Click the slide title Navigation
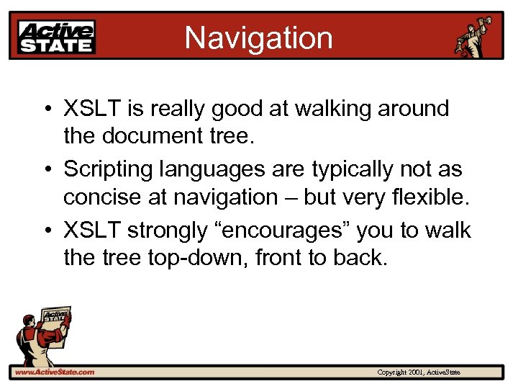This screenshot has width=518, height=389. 258,37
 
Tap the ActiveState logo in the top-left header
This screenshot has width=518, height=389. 56,36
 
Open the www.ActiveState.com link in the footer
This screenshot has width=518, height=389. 55,372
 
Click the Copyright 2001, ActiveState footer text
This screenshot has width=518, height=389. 419,372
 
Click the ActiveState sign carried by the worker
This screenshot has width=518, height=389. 55,317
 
